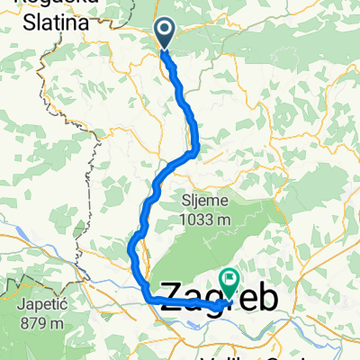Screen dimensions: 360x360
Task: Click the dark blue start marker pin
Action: (x=166, y=32)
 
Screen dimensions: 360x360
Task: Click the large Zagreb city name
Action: (x=216, y=300)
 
